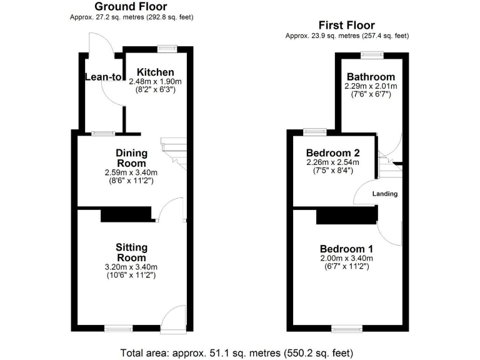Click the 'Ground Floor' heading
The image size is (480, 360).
[131, 6]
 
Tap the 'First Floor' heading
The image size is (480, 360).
[346, 26]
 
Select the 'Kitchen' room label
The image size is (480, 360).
[155, 72]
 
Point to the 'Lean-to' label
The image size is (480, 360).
[103, 77]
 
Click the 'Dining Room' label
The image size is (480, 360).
[131, 158]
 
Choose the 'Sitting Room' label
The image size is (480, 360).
[131, 252]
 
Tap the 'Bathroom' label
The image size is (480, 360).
[371, 77]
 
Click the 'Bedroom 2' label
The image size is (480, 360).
[332, 153]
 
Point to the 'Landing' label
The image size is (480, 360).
[385, 194]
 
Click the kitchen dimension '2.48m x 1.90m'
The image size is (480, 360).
[155, 81]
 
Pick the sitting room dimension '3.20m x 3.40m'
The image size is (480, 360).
[131, 266]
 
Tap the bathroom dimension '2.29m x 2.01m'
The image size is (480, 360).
[371, 86]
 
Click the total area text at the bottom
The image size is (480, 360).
[240, 352]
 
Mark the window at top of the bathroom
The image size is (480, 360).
[372, 54]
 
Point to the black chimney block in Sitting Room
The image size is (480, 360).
[127, 215]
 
